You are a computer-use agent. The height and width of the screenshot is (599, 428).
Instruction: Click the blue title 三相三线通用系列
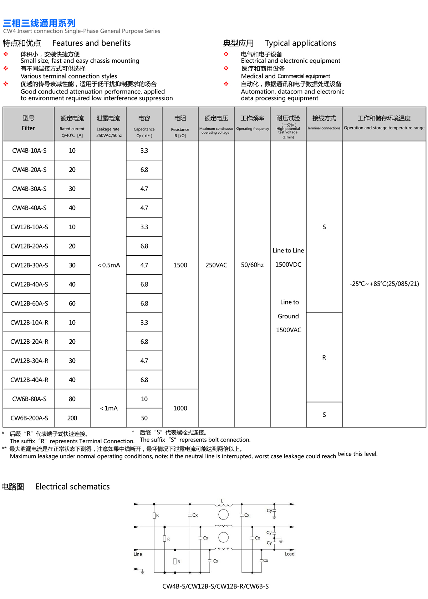coord(39,23)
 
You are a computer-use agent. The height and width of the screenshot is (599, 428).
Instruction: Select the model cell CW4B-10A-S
coord(29,150)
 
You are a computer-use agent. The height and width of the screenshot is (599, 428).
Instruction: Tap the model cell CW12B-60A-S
coord(29,303)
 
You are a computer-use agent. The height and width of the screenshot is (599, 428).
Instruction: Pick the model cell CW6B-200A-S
coord(29,418)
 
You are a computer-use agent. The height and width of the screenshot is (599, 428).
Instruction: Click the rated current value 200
coord(72,418)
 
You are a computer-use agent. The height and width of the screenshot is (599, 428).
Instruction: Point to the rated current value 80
coord(72,399)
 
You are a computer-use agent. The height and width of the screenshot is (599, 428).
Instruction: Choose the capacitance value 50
coord(144,418)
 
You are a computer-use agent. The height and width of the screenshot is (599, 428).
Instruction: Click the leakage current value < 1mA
coord(108,408)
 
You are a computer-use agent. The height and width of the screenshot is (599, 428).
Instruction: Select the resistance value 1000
coord(180,408)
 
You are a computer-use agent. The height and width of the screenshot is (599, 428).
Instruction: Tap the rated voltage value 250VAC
coord(216,265)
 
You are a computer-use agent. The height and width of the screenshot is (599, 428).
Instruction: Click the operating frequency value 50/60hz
coord(252,265)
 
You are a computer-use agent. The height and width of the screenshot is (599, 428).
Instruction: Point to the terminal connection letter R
coord(324,358)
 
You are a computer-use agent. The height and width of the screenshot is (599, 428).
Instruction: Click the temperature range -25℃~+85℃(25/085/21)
coord(384,284)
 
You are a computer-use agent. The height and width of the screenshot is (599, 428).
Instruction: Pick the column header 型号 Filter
coord(29,123)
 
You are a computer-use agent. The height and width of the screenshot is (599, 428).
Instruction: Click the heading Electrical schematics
coord(72,487)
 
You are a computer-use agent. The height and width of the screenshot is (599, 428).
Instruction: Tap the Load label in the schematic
coord(290,554)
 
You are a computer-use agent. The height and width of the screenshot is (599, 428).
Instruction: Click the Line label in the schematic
coord(138,554)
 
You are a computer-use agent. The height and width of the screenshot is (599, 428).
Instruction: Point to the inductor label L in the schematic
coord(222,501)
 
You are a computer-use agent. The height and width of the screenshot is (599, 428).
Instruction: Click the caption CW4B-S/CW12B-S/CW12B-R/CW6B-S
coord(215,586)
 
